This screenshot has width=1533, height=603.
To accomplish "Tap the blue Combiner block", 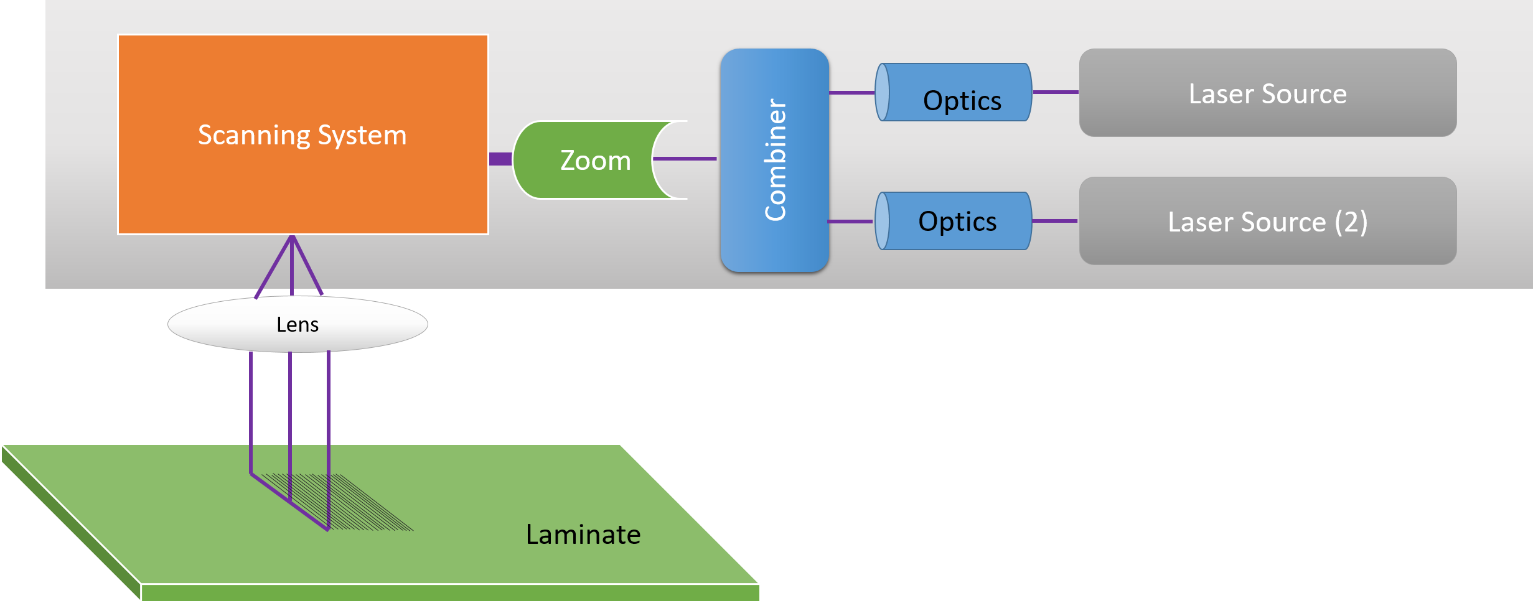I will [774, 160].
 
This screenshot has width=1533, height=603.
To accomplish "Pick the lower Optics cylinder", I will [956, 221].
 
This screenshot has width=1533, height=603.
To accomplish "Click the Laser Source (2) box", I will [1267, 221].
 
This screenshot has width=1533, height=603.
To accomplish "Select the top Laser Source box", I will [1267, 93].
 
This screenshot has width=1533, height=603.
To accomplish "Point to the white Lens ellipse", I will [298, 324].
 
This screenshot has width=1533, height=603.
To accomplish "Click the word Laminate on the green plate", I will [583, 535].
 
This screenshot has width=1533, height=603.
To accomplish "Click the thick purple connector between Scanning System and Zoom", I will [500, 159].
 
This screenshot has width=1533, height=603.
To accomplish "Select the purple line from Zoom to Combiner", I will [685, 159].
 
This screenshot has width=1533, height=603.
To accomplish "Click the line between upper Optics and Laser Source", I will [1056, 92].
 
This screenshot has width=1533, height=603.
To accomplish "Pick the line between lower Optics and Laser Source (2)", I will [1054, 221].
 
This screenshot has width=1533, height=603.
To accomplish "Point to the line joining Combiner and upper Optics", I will [851, 93].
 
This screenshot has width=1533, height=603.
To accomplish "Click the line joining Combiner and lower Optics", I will [850, 222].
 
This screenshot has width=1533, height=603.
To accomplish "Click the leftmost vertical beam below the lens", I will [251, 411].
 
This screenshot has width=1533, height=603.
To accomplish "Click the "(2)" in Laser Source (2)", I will [1351, 222].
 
